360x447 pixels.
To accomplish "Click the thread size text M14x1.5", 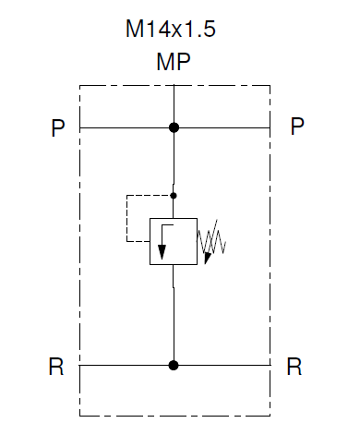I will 172,30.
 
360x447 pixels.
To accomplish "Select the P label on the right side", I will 296,127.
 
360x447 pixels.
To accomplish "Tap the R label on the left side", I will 57,368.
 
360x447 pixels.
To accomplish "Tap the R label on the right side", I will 294,368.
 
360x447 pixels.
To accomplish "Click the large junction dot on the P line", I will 174,127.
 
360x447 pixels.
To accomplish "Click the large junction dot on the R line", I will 174,365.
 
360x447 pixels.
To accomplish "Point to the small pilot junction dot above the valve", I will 174,195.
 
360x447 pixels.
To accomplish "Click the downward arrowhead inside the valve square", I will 162,255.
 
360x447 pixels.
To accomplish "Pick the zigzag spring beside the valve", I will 212,241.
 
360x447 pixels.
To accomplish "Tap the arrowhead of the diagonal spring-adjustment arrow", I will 208,258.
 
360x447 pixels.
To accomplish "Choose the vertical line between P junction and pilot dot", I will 174,162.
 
